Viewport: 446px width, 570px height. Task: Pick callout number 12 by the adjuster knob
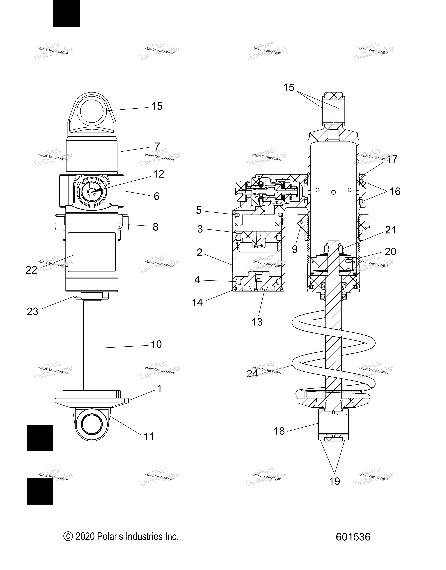(x=159, y=174)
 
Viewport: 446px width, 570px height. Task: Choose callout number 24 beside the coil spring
(x=252, y=374)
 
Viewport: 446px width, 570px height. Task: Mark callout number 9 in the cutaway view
(x=295, y=249)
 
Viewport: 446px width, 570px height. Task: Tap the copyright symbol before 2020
(x=68, y=537)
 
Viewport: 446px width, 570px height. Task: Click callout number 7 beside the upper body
(x=157, y=146)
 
